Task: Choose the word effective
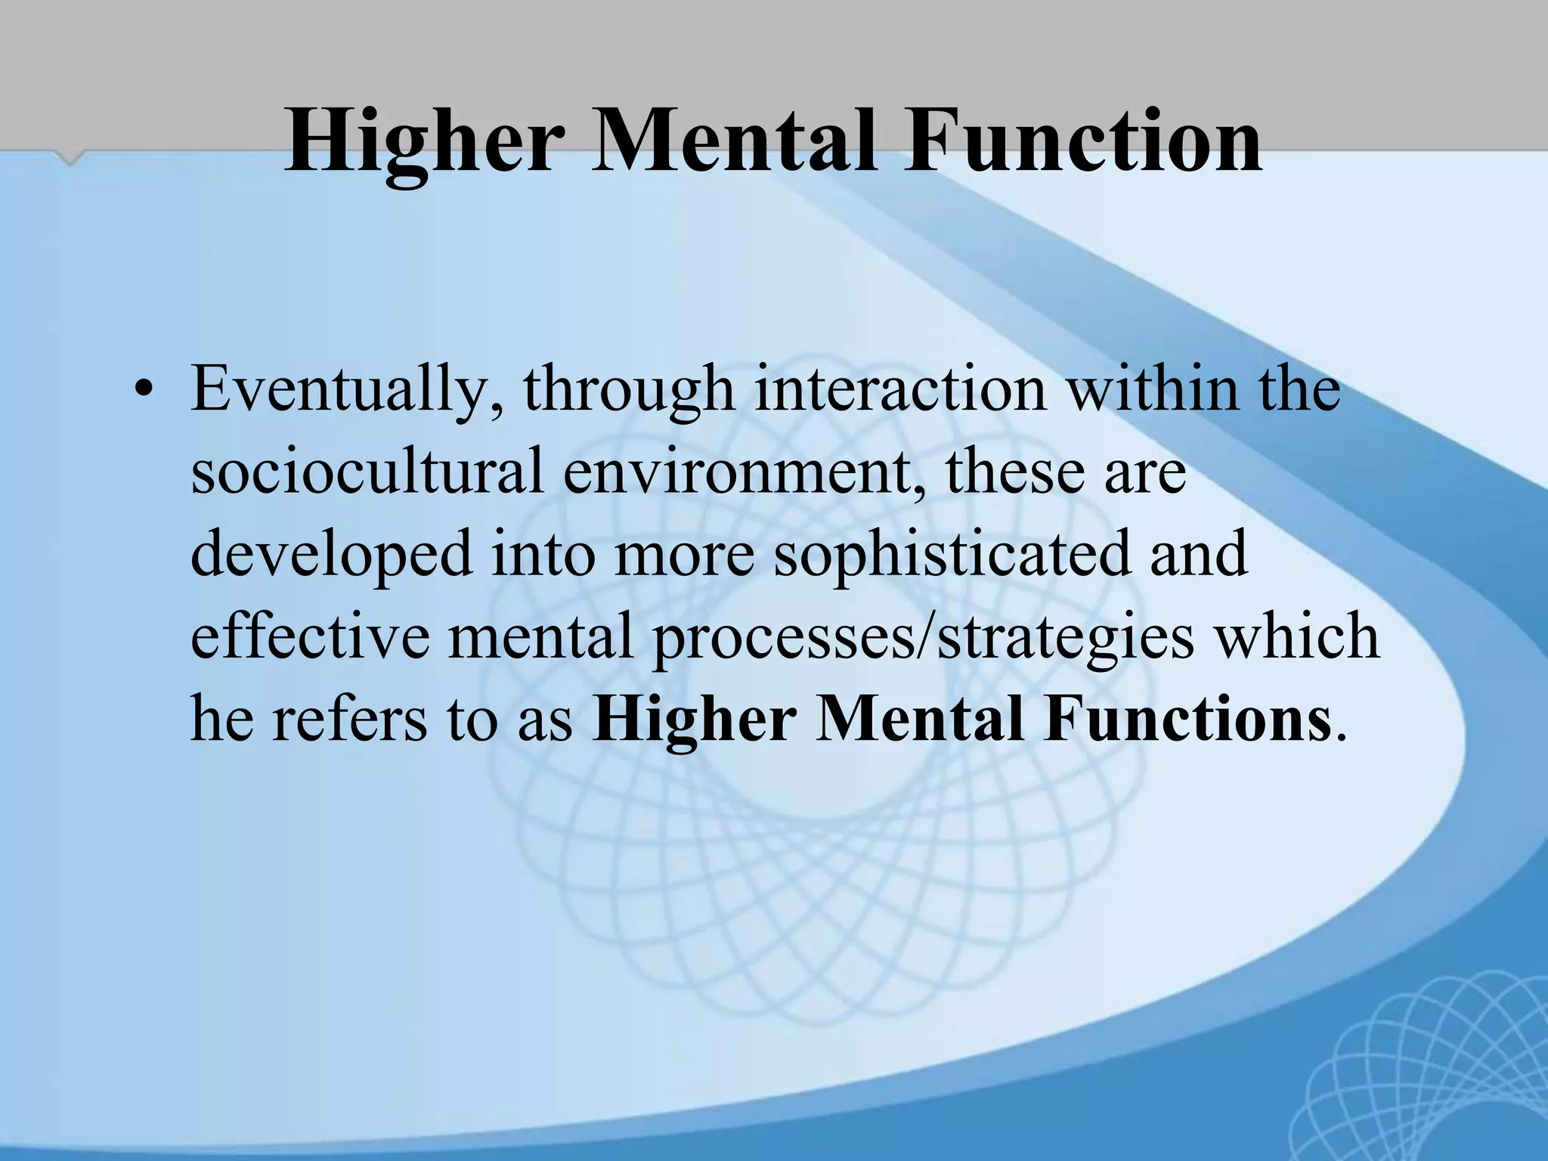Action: (310, 636)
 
